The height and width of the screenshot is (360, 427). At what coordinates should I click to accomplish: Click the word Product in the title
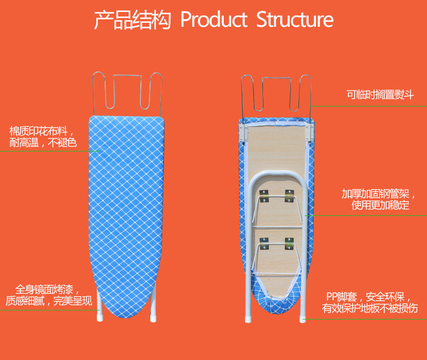(x=213, y=19)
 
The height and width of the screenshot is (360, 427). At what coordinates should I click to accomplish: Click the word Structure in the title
(x=295, y=19)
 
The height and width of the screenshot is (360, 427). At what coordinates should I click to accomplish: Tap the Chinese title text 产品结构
(x=132, y=20)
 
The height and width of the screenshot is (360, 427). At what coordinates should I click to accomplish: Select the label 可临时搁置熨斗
(x=380, y=95)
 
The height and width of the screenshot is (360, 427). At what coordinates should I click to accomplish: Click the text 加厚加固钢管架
(x=376, y=194)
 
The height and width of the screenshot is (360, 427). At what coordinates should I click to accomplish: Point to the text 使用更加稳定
(x=380, y=205)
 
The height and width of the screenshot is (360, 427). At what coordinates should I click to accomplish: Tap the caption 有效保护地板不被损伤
(x=370, y=308)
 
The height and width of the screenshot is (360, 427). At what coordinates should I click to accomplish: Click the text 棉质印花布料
(x=38, y=131)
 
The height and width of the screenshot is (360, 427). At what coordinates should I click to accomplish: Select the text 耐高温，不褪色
(x=43, y=142)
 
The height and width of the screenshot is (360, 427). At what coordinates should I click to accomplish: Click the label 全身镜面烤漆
(x=44, y=289)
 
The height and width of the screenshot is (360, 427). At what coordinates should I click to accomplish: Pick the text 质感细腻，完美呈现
(x=49, y=301)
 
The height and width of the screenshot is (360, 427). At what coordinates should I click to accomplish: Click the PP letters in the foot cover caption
(x=332, y=297)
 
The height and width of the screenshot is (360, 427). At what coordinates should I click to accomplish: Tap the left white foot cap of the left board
(x=100, y=317)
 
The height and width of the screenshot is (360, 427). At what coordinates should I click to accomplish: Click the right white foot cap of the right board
(x=302, y=320)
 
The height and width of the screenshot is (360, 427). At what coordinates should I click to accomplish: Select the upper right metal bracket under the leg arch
(x=289, y=196)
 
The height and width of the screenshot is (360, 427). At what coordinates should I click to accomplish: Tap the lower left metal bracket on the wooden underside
(x=264, y=243)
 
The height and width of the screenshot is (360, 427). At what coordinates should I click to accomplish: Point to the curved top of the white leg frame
(x=277, y=173)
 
